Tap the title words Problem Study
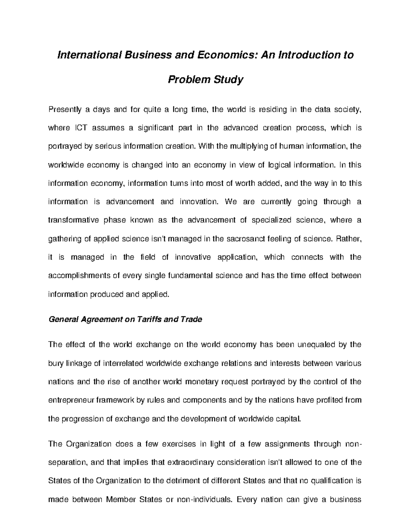[x=205, y=80]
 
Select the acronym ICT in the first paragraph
[x=82, y=128]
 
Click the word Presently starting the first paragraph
[x=65, y=110]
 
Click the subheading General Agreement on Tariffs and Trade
[x=125, y=319]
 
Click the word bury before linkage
[x=56, y=363]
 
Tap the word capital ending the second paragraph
[x=290, y=419]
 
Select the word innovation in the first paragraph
[x=198, y=202]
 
